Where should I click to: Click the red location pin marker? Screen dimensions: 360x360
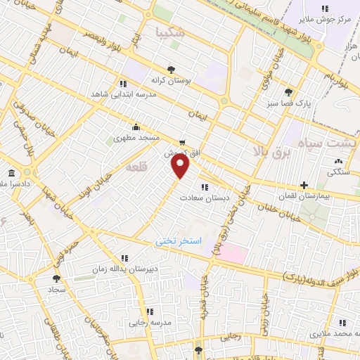[181, 166]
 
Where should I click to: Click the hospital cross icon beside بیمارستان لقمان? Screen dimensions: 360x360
[304, 186]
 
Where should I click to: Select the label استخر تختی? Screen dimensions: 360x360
[179, 241]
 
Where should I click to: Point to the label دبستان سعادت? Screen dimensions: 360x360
[204, 198]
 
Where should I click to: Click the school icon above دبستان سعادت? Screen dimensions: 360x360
[205, 187]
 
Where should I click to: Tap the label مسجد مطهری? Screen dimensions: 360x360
[136, 139]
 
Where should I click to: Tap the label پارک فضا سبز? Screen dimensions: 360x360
[288, 103]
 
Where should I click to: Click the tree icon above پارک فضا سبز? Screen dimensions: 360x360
[288, 91]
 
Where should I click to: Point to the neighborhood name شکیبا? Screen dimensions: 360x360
[172, 32]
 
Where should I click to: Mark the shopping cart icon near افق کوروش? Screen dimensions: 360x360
[182, 142]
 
